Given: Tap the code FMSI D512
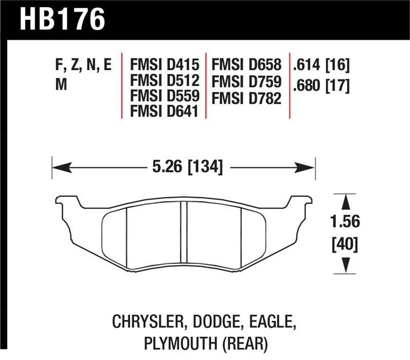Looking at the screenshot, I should click(164, 81).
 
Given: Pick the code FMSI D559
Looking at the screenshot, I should click(164, 96).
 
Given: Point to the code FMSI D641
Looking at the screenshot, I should click(164, 111).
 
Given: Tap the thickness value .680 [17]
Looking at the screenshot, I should click(321, 86).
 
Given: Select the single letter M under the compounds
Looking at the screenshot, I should click(61, 86).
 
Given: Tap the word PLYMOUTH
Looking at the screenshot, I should click(173, 343).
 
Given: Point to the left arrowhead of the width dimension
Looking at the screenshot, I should click(57, 167).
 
